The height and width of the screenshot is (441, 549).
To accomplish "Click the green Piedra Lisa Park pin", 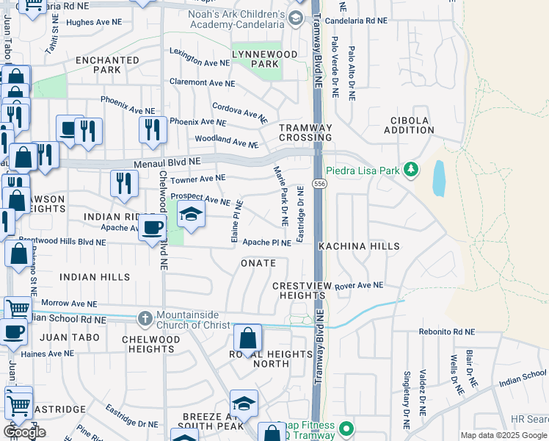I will [x=410, y=171].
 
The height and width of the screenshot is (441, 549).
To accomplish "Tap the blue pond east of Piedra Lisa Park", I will [x=439, y=178].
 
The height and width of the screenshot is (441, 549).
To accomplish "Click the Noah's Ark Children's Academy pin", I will [x=296, y=18].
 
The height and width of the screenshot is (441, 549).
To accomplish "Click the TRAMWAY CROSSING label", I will [x=305, y=132].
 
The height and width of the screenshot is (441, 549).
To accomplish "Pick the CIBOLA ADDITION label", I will [x=412, y=125].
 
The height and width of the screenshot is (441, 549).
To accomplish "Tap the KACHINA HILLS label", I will [x=360, y=246].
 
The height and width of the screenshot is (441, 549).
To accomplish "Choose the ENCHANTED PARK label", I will [x=107, y=65].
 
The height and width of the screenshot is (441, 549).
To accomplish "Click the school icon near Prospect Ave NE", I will [x=191, y=214].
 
